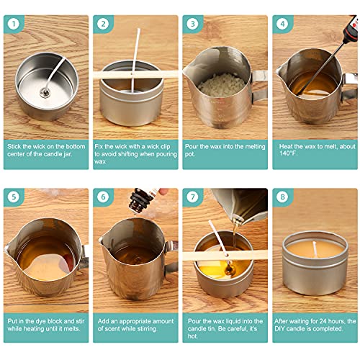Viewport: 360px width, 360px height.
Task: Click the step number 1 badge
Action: [x=13, y=23]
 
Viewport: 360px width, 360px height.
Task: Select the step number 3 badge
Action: [x=192, y=23]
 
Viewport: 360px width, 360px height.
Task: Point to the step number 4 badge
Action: [x=282, y=23]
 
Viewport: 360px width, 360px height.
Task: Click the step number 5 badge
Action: [x=13, y=196]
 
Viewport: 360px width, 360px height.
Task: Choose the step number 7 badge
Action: [x=192, y=196]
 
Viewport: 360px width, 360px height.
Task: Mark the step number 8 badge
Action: [x=282, y=196]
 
